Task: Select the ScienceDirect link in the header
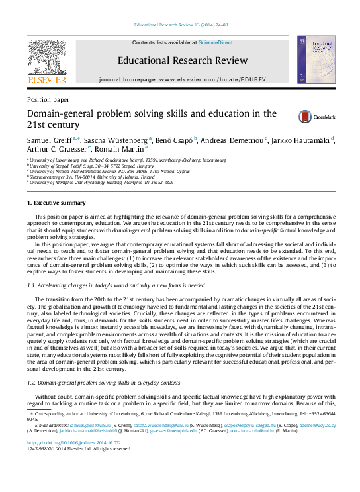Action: click(215, 42)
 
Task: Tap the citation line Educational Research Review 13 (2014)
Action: click(181, 25)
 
